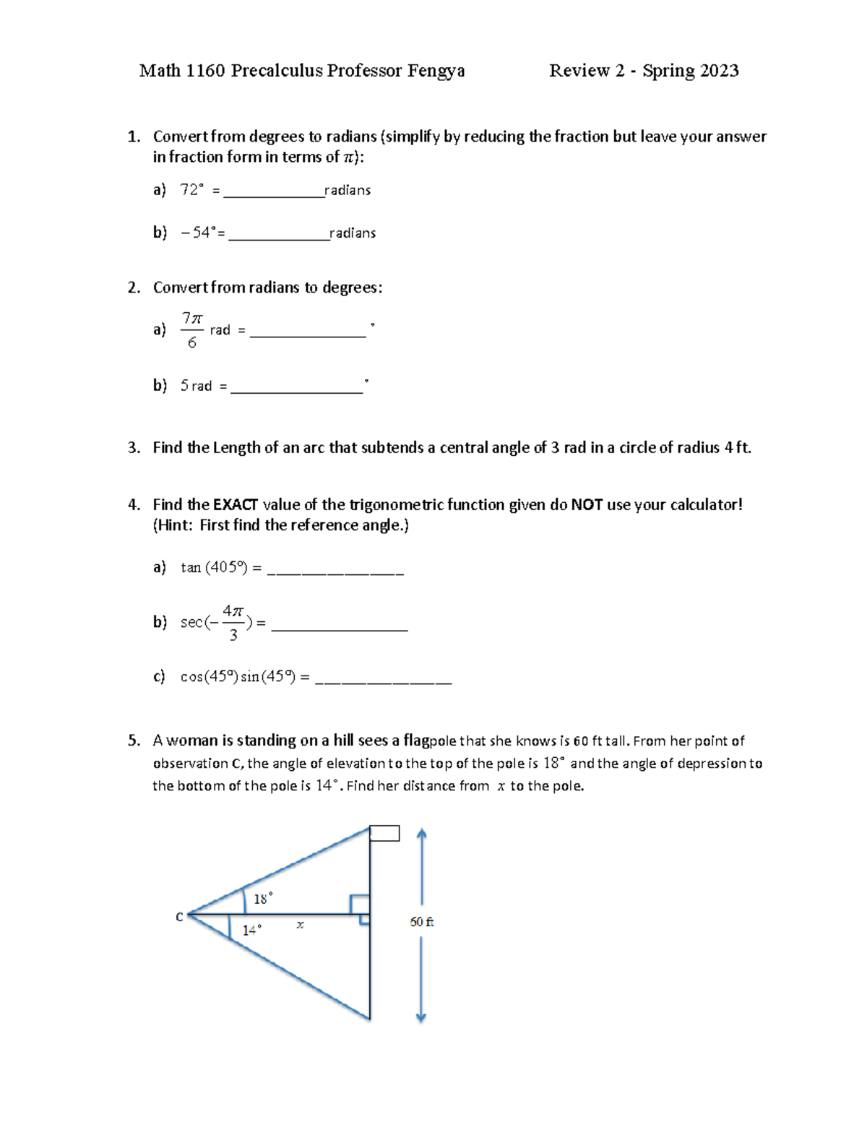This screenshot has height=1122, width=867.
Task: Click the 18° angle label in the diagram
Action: point(262,899)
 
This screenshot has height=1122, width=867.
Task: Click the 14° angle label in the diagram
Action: point(251,930)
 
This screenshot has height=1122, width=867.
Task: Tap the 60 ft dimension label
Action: point(421,922)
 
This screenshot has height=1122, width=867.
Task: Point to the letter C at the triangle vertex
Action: point(179,917)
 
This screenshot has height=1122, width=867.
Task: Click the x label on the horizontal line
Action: point(300,924)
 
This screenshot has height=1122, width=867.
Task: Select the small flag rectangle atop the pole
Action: point(384,834)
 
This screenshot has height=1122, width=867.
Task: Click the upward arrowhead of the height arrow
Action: point(422,834)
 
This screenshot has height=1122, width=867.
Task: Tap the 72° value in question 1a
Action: point(191,190)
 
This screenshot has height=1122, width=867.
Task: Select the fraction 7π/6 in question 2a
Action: point(191,330)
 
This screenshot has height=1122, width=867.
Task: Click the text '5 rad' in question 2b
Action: point(196,386)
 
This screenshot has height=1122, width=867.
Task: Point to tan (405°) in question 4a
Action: point(214,568)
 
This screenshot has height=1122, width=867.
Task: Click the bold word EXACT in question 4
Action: point(236,504)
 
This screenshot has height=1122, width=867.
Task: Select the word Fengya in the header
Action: point(436,71)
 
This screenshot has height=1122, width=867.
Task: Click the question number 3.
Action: point(133,448)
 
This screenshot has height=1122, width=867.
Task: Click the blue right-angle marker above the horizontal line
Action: point(360,904)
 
